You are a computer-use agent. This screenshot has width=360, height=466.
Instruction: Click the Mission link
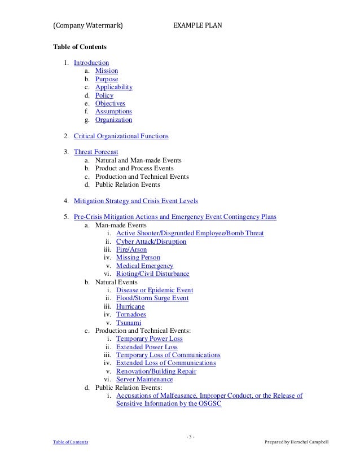[106, 71]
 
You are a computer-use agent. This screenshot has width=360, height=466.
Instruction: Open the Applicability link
[113, 87]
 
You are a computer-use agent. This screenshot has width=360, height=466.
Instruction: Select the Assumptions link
[113, 112]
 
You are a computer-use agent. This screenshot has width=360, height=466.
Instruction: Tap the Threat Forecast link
[96, 152]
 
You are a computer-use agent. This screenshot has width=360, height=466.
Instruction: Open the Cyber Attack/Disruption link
[151, 241]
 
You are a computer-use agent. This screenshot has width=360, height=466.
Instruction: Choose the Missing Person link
[138, 258]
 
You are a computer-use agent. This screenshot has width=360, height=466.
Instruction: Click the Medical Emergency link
[144, 266]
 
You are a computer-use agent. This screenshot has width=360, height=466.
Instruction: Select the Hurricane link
[130, 306]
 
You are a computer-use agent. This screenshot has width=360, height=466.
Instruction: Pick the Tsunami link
[128, 323]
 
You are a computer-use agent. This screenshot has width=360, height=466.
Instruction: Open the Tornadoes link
[131, 314]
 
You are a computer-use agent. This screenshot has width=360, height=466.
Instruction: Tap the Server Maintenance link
[144, 380]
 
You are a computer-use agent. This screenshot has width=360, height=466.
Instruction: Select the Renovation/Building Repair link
[156, 371]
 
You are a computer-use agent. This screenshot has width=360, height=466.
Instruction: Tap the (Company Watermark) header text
[88, 25]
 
